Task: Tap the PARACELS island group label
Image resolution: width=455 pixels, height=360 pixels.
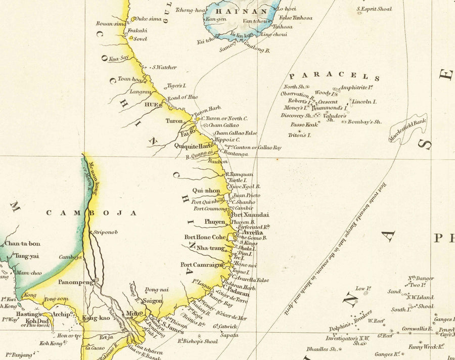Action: click(x=334, y=76)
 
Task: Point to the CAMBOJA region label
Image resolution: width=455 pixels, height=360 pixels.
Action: click(x=92, y=213)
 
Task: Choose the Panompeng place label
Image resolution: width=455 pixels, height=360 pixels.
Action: click(x=75, y=282)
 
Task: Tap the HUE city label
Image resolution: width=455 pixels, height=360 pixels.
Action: click(x=151, y=105)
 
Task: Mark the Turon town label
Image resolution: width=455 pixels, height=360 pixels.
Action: click(x=174, y=121)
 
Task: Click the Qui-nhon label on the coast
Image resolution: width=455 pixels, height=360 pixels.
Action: click(x=206, y=191)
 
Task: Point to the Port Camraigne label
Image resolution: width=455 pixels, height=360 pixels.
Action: click(x=202, y=264)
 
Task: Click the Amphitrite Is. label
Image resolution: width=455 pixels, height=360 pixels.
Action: click(x=356, y=87)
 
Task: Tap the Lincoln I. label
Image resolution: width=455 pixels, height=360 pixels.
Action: click(x=364, y=102)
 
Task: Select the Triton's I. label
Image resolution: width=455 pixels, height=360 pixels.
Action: click(x=300, y=135)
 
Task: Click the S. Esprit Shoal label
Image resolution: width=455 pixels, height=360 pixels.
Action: click(x=374, y=9)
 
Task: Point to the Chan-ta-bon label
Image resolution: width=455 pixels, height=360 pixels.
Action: click(x=22, y=243)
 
